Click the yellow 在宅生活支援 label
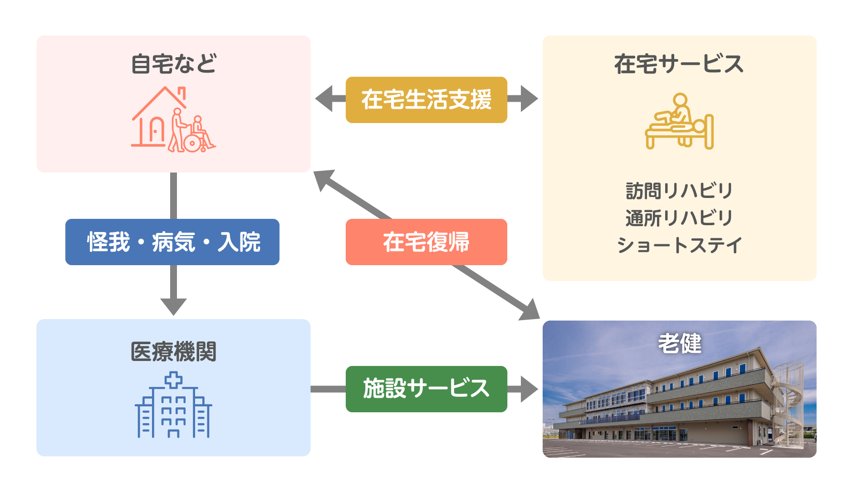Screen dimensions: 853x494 [426, 100]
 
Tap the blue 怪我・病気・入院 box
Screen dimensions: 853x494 [172, 242]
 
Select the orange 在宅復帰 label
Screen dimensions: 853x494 [426, 242]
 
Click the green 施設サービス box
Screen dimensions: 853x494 [426, 389]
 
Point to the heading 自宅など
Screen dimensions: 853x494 [174, 64]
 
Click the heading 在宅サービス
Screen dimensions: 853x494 [679, 64]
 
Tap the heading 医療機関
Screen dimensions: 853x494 [174, 351]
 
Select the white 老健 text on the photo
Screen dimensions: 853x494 [680, 343]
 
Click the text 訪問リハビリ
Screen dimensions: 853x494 [679, 191]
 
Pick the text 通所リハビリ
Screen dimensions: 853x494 [679, 218]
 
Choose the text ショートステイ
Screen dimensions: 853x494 [679, 245]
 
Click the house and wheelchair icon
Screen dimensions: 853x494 [173, 119]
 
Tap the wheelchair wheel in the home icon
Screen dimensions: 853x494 [192, 143]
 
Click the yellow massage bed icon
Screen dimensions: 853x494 [679, 121]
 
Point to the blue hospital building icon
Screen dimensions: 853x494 [173, 405]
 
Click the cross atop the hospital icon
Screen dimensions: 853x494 [173, 380]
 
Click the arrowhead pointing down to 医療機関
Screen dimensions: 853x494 [173, 306]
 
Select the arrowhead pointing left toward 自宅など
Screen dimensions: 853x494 [324, 99]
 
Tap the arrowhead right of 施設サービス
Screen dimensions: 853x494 [529, 389]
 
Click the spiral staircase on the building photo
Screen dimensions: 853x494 [788, 402]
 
